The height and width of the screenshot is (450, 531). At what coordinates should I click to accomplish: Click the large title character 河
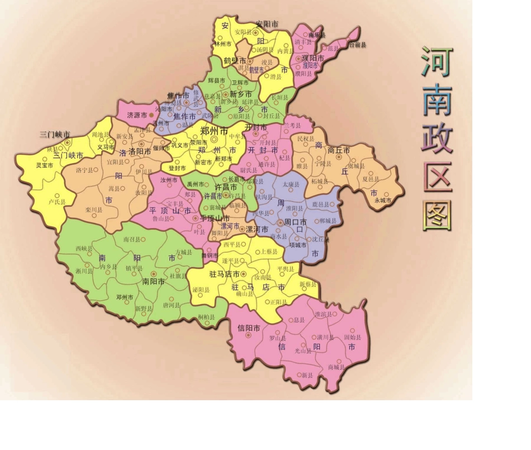437,61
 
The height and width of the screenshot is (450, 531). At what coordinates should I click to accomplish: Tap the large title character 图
437,215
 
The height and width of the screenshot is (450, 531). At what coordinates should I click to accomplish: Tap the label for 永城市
383,200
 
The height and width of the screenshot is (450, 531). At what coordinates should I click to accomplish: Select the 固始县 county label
352,338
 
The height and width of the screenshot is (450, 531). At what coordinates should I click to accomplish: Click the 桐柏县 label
207,317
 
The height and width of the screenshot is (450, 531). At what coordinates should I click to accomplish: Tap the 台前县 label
357,45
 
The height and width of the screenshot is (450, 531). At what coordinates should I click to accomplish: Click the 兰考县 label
293,125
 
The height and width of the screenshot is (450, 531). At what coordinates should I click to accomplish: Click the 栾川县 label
94,210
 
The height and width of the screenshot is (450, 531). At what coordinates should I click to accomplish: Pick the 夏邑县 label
371,179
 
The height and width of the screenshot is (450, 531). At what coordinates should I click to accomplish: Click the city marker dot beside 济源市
151,115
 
